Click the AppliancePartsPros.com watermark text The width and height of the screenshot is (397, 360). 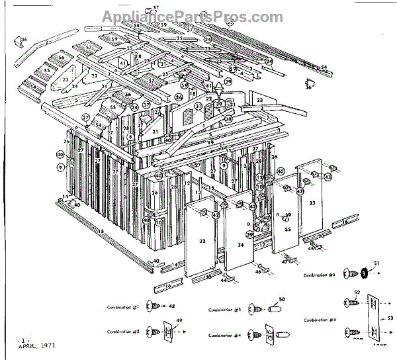[x=192, y=18]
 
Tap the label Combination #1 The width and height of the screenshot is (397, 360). [x=126, y=307]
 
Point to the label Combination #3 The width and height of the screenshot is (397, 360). [x=320, y=274]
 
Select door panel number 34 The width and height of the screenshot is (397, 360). [x=240, y=245]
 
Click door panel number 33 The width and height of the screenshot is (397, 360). [x=312, y=202]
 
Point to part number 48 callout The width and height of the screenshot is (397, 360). [x=172, y=306]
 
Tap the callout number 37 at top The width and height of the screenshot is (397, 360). [x=156, y=9]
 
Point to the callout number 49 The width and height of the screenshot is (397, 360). [x=177, y=322]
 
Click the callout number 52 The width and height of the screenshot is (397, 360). [x=357, y=292]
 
